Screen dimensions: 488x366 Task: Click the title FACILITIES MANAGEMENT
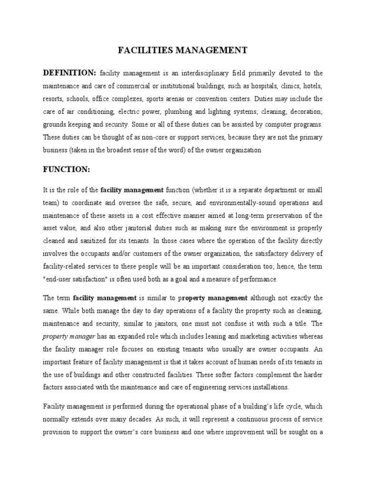[183, 50]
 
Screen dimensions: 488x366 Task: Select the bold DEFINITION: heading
[70, 73]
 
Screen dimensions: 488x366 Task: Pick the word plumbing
[204, 112]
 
